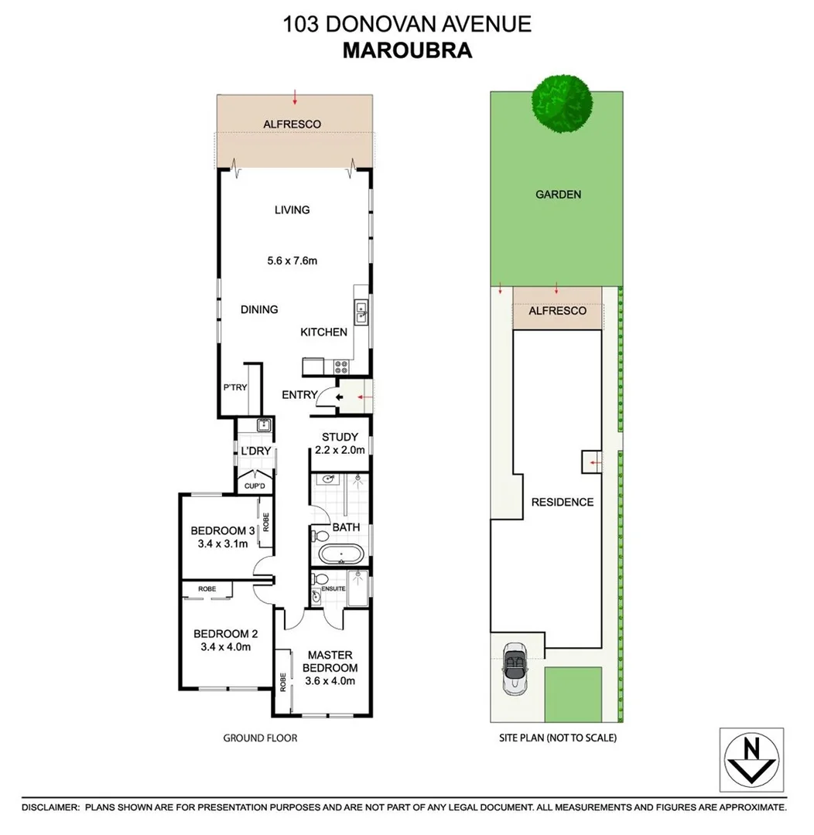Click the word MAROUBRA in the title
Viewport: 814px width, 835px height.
[407, 50]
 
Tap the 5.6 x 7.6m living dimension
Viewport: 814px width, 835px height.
[292, 261]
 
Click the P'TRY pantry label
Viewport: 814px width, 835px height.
[234, 387]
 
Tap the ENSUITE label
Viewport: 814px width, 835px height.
[333, 588]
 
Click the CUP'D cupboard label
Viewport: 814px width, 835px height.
[255, 486]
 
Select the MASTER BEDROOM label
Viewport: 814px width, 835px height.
[330, 662]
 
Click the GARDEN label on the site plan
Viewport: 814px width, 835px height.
[558, 195]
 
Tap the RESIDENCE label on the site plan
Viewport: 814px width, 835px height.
[563, 502]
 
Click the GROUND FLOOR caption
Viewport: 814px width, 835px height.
[260, 738]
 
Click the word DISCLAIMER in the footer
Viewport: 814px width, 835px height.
[50, 807]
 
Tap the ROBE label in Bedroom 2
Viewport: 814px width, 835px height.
[207, 589]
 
